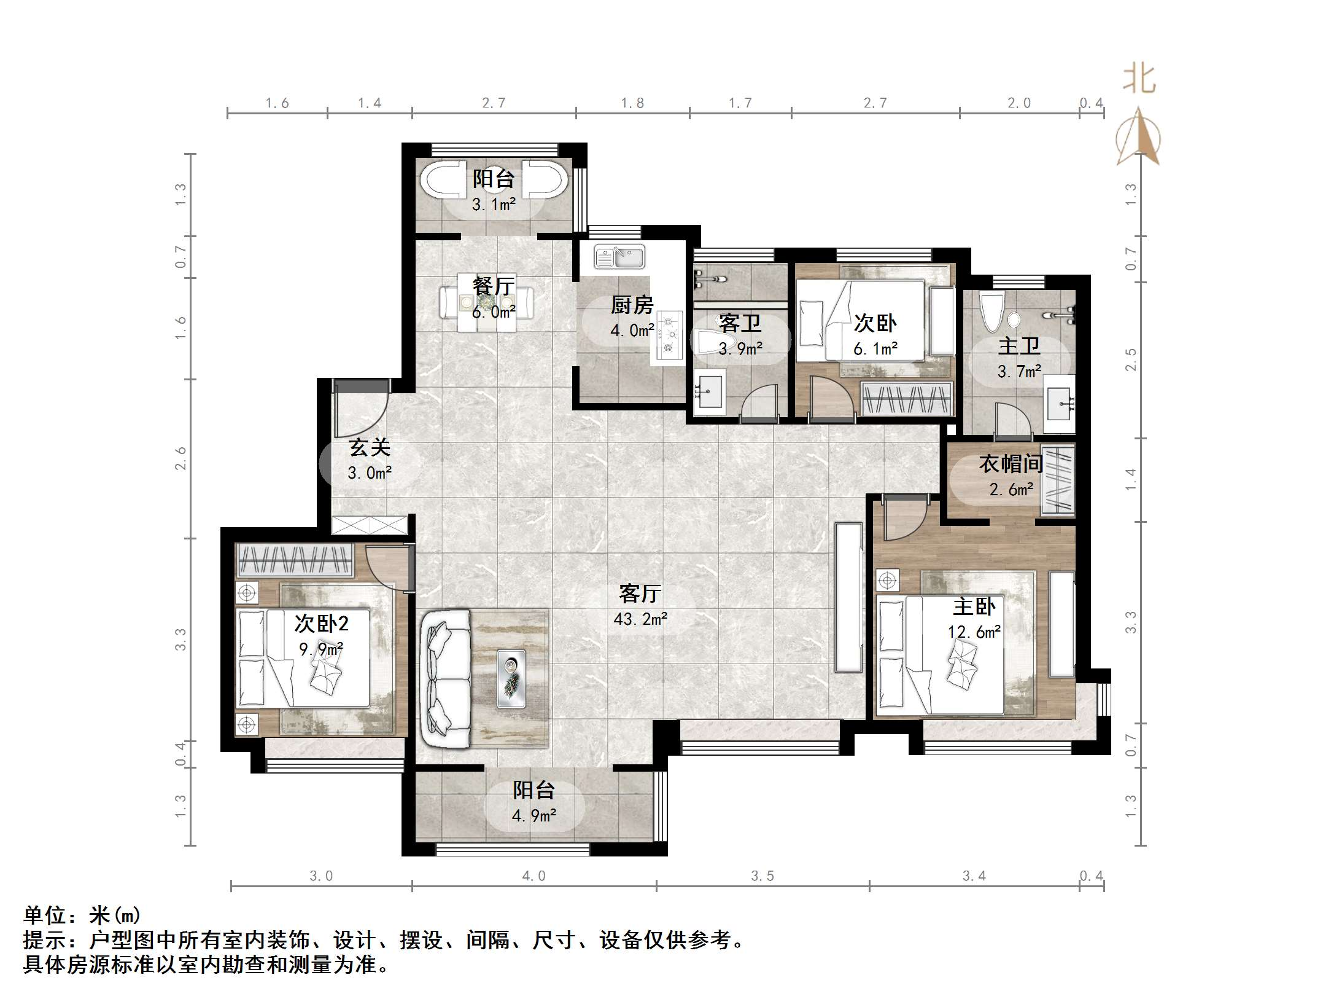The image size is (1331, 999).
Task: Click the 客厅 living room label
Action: click(640, 594)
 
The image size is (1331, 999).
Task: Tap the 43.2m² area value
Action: click(640, 619)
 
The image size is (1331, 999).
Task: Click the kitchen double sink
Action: click(619, 256)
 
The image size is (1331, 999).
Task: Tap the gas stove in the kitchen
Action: click(669, 335)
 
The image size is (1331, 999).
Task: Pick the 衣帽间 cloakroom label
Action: click(1011, 463)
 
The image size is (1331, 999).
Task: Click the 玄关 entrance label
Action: click(370, 447)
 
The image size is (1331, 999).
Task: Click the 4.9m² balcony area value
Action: click(534, 816)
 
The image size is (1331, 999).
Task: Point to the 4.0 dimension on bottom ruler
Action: click(534, 876)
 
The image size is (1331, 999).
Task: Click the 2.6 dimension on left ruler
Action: click(180, 458)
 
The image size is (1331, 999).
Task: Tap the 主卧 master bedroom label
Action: click(974, 606)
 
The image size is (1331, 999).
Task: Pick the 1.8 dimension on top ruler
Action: click(632, 103)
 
